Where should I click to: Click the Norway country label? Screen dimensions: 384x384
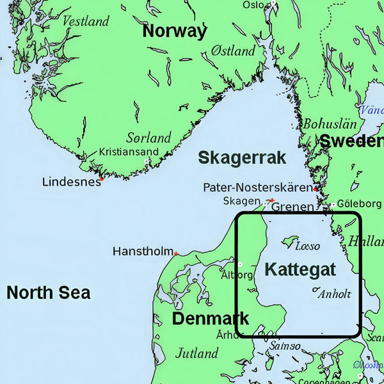click(175, 31)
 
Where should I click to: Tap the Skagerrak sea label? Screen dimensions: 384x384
click(241, 158)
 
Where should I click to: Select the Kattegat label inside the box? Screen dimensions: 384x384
click(300, 269)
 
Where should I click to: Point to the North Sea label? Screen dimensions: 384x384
click(48, 293)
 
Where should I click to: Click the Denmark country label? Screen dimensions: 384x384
click(211, 318)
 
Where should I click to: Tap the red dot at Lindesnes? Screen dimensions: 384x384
click(101, 179)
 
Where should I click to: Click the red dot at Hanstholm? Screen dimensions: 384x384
click(175, 254)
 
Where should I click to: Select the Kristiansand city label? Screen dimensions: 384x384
click(129, 152)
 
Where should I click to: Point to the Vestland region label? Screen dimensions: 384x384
click(86, 21)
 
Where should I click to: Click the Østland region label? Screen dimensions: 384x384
click(234, 50)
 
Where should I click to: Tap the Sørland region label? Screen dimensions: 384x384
click(148, 138)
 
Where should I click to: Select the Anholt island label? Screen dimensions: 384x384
click(335, 294)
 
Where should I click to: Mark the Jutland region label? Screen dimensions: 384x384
click(196, 353)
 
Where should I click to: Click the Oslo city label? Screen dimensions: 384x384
click(253, 5)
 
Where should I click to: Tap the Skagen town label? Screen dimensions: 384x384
click(241, 201)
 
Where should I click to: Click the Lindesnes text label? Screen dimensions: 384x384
click(71, 182)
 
